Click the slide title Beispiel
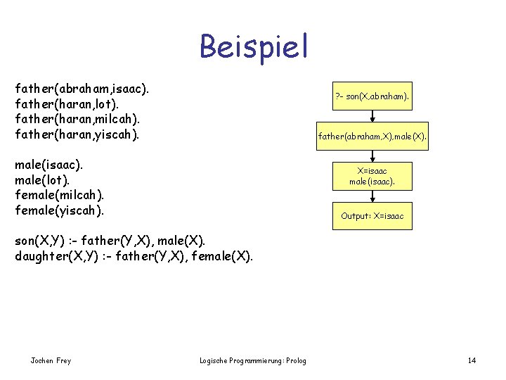[254, 46]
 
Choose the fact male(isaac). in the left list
[48, 165]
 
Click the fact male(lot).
[42, 179]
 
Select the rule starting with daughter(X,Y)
[134, 255]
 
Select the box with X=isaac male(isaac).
[372, 176]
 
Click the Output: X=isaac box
[372, 216]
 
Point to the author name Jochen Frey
[51, 361]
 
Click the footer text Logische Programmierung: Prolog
[253, 361]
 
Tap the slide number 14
[472, 361]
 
